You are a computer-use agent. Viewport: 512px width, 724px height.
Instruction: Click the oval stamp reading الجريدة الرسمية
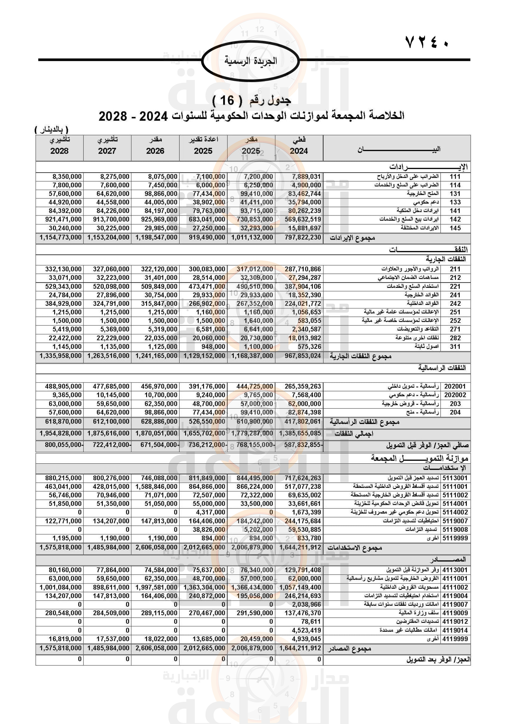click(x=250, y=61)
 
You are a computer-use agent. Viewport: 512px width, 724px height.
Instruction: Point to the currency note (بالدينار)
click(x=51, y=130)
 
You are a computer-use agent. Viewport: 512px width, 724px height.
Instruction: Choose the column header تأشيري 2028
click(x=59, y=146)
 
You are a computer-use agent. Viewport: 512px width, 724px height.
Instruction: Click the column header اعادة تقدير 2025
click(x=203, y=146)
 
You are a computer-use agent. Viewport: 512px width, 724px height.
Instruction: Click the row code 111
click(x=455, y=176)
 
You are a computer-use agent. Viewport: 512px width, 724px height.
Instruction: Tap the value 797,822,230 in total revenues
click(x=303, y=237)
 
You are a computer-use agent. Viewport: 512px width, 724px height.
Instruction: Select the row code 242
click(x=455, y=304)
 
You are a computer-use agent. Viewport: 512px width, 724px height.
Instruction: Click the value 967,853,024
click(x=303, y=356)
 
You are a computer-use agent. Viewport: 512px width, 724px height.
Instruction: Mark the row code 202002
click(x=455, y=395)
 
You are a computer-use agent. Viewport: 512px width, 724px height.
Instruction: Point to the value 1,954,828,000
click(x=60, y=434)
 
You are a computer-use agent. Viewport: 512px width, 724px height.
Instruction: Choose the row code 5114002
click(x=455, y=512)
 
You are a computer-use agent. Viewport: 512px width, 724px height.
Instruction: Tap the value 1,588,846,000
click(x=156, y=487)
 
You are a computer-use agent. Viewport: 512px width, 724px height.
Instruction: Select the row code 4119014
click(x=455, y=630)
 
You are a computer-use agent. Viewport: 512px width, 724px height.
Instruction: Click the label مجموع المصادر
click(x=349, y=649)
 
